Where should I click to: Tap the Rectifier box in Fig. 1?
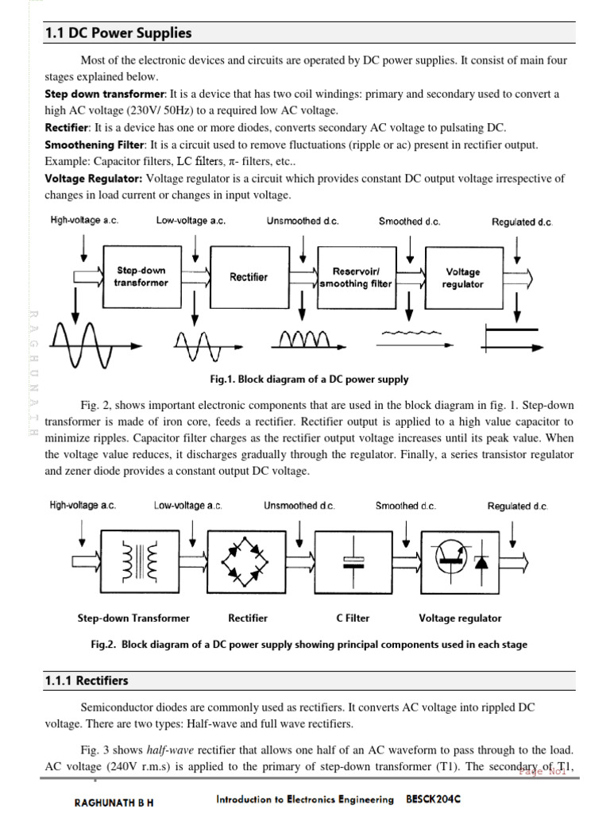[x=249, y=277]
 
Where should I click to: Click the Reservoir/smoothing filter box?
[x=356, y=277]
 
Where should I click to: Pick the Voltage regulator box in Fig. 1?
[x=463, y=277]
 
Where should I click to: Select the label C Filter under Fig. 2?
[x=353, y=618]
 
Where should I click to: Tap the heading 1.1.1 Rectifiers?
[x=87, y=681]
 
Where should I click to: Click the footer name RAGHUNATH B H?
[x=114, y=803]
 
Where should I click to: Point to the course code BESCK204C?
[x=434, y=800]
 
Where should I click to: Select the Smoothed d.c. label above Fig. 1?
[x=409, y=222]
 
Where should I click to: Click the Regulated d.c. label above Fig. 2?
[x=517, y=506]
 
